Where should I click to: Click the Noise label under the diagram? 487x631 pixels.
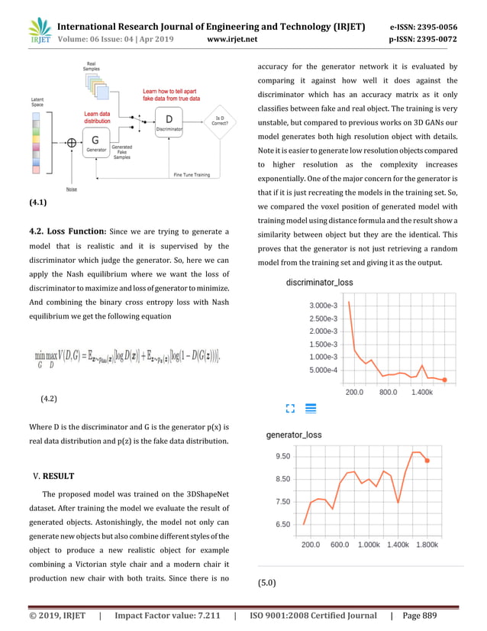tap(71, 189)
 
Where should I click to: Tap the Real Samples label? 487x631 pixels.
tap(92, 66)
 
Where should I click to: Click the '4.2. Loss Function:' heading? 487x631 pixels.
tap(65, 231)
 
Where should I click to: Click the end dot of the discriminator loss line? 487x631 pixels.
tap(444, 380)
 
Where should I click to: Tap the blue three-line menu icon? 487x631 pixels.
tap(311, 409)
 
